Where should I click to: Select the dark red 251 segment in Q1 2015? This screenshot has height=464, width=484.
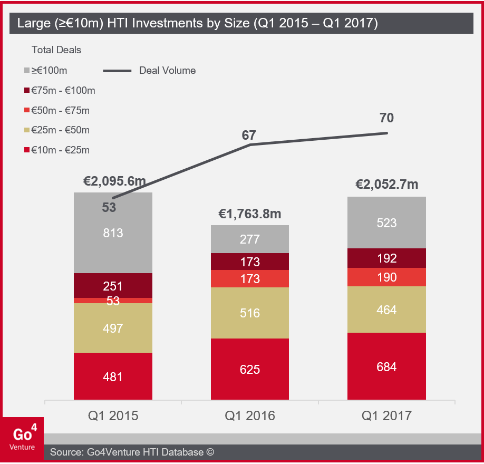pos(113,285)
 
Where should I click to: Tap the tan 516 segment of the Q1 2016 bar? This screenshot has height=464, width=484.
pos(249,313)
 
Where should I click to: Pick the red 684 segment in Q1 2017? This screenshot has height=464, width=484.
pos(386,366)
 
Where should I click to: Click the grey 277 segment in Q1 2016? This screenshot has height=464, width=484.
pos(249,239)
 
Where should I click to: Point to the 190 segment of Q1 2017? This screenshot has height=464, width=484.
pos(386,277)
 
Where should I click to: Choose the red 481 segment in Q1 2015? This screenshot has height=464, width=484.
pos(113,376)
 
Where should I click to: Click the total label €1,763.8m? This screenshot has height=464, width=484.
pos(249,214)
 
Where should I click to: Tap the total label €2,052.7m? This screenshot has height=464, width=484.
pos(386,185)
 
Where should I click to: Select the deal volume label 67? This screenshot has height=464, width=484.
pos(249,135)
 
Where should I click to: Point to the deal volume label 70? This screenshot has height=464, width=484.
pos(386,118)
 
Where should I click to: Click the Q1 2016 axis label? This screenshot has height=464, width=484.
pos(249,416)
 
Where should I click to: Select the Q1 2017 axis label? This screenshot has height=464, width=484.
pos(386,416)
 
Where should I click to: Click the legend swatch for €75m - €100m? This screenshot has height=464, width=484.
pos(27,91)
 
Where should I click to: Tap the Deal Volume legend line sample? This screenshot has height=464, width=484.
pos(117,71)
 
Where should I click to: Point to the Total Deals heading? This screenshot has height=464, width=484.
pos(56,50)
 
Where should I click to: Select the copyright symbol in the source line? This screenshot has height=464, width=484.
pos(210,452)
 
